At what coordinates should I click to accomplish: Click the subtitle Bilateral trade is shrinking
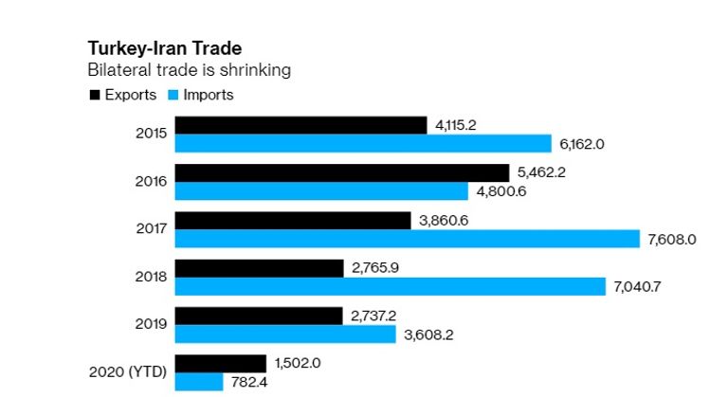[x=189, y=70]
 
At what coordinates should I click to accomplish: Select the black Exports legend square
[x=94, y=95]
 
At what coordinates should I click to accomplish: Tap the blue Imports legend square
[x=173, y=95]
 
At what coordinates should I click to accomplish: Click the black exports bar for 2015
[x=300, y=125]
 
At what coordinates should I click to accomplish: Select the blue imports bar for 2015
[x=363, y=143]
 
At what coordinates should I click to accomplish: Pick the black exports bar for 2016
[x=342, y=172]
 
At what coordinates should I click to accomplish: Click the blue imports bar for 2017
[x=408, y=239]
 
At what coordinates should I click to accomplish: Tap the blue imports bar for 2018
[x=390, y=286]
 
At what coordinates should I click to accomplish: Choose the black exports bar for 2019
[x=259, y=316]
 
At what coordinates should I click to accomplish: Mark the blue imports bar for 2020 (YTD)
[x=199, y=382]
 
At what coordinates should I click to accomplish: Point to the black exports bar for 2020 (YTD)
[x=221, y=364]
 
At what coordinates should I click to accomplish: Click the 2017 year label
[x=151, y=228]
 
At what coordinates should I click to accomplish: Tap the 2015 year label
[x=151, y=134]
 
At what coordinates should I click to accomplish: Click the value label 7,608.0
[x=672, y=240]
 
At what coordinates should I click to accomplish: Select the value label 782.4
[x=249, y=382]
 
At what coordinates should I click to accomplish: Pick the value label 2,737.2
[x=376, y=316]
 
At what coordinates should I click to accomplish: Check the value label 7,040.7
[x=637, y=287]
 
